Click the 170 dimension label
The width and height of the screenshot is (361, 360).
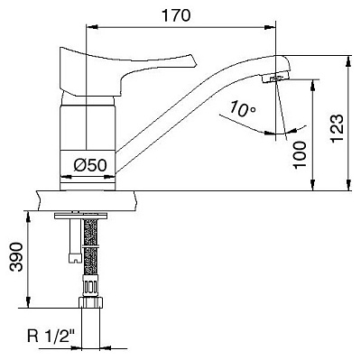click(176, 15)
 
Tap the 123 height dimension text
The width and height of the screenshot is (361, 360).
click(337, 128)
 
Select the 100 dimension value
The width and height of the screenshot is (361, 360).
click(300, 155)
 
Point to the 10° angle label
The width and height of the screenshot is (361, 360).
click(243, 109)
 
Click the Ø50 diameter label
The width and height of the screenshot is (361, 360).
click(90, 165)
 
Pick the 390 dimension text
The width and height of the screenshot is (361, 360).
click(15, 257)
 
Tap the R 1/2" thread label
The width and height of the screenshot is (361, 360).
click(51, 336)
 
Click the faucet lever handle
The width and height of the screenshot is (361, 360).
click(120, 70)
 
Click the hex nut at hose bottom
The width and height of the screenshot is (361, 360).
click(91, 302)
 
